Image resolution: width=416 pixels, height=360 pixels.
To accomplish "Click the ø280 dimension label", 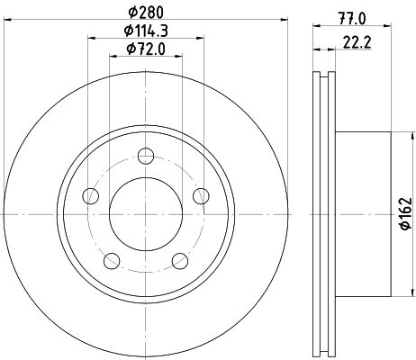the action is [x=146, y=13].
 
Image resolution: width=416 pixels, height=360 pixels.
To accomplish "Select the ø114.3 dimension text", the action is [x=146, y=31].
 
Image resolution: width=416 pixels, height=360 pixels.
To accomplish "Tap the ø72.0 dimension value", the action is [x=146, y=49].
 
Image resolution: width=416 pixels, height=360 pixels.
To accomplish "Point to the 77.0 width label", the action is [x=352, y=19].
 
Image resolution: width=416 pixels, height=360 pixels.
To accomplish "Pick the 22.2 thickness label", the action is [x=357, y=42].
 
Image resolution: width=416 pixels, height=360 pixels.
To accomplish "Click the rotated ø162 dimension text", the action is [x=406, y=213].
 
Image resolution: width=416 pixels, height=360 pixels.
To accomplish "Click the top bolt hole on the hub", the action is [x=146, y=156].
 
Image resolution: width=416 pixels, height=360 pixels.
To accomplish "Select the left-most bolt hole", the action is [x=90, y=196].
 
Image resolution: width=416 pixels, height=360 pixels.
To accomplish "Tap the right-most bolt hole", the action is [x=201, y=196].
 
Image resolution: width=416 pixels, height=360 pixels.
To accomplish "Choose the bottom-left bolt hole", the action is [x=112, y=261].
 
